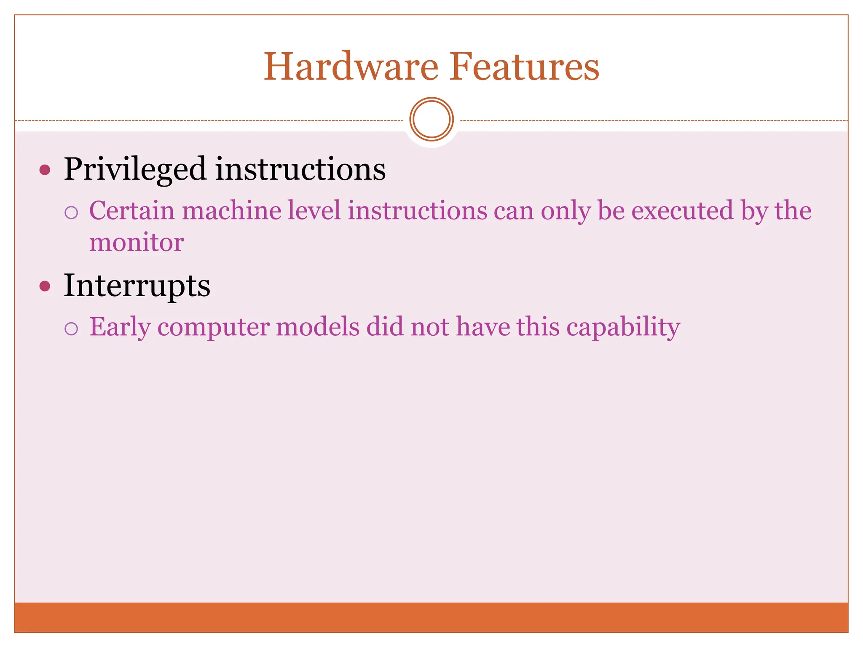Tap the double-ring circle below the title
[x=431, y=119]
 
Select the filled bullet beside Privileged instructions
[x=45, y=170]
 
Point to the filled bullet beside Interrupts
[x=45, y=286]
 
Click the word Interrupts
[x=137, y=286]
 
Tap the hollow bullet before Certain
[x=71, y=213]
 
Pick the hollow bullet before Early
[x=71, y=329]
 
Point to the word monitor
[x=137, y=243]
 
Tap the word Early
[x=120, y=327]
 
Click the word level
[x=314, y=210]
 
